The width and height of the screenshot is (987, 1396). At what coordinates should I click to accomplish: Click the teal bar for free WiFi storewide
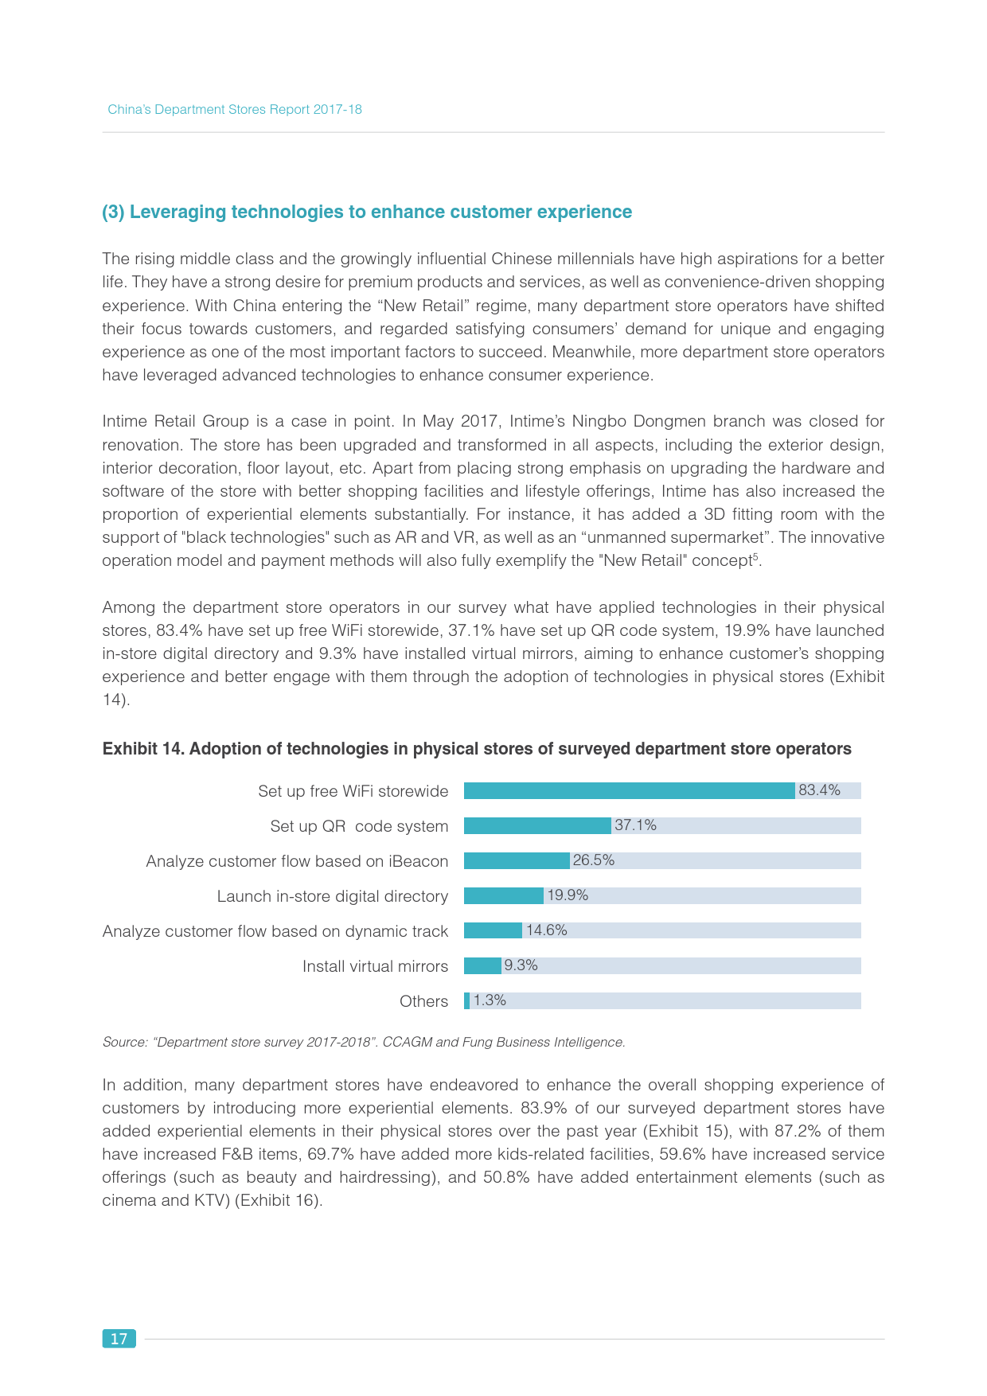629,790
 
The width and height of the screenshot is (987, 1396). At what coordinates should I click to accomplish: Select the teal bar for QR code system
537,825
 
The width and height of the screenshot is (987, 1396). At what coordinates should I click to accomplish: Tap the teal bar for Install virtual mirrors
482,965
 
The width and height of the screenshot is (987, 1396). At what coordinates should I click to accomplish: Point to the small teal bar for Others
467,1000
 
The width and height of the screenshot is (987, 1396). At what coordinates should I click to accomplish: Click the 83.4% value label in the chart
819,790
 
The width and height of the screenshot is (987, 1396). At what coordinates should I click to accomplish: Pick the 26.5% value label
594,860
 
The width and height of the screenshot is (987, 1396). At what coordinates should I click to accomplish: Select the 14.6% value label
546,930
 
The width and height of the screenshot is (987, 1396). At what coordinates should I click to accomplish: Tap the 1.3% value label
490,1000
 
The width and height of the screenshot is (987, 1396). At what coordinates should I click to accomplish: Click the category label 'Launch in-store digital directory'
332,896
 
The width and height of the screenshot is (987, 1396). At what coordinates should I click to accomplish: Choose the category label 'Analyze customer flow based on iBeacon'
297,861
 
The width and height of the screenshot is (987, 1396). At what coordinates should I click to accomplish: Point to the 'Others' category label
423,1001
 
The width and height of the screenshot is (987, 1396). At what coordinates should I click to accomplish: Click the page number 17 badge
119,1339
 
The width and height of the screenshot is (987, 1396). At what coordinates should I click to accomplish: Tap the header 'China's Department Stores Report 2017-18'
235,110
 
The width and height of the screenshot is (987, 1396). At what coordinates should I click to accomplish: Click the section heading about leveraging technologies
367,212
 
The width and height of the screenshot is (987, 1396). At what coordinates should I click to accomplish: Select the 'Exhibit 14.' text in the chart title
143,749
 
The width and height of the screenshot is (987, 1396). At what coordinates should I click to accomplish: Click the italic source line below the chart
364,1042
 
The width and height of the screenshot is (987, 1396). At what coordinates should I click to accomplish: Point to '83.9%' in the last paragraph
543,1108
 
